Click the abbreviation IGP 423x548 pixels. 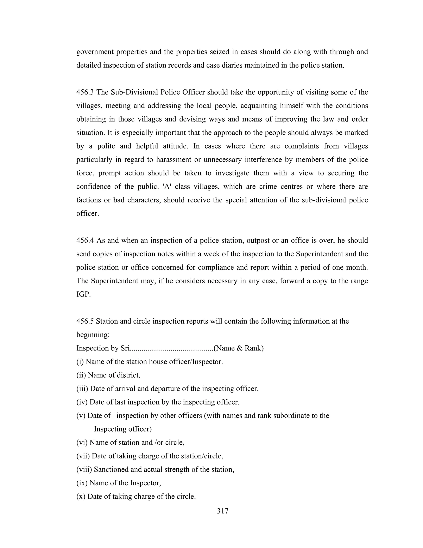pyautogui.click(x=83, y=294)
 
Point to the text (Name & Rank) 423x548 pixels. pyautogui.click(x=238, y=348)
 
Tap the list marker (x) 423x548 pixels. pyautogui.click(x=81, y=496)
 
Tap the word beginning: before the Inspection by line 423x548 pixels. pyautogui.click(x=93, y=335)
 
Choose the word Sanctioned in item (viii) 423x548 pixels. pyautogui.click(x=111, y=469)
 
